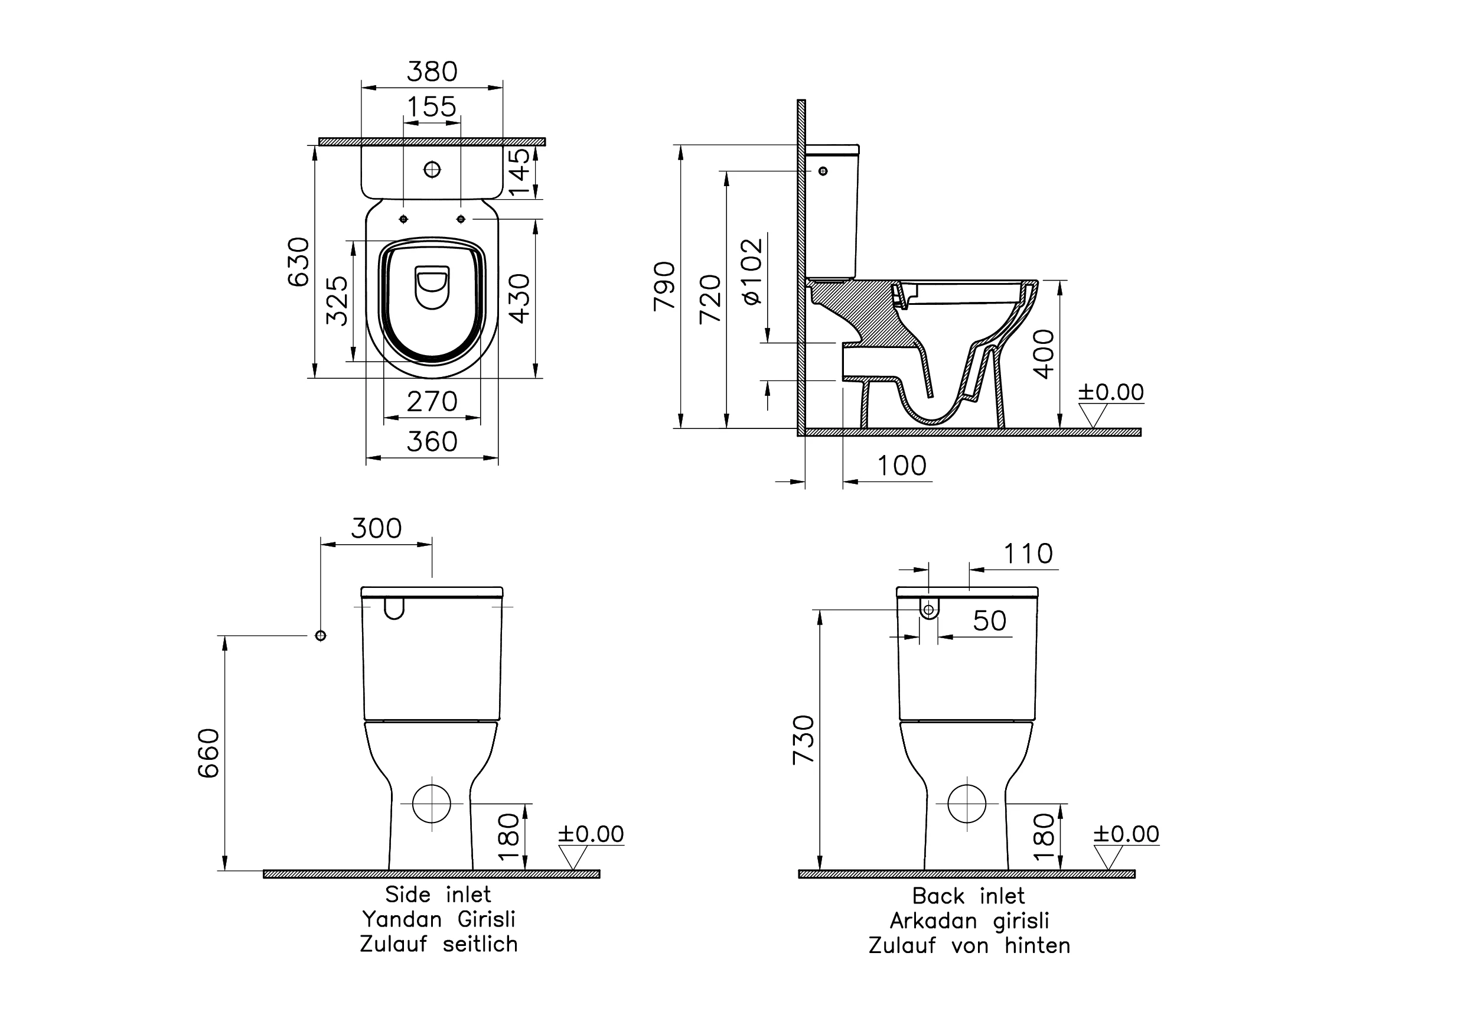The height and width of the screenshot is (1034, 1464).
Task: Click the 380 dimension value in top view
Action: click(432, 71)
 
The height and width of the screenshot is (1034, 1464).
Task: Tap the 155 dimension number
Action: click(432, 106)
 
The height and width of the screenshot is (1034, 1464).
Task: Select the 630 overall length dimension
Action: click(298, 262)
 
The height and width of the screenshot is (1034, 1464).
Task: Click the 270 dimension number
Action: click(432, 402)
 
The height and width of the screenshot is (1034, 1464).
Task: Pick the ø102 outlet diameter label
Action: click(752, 271)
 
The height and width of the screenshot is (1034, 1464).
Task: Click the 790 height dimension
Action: click(664, 286)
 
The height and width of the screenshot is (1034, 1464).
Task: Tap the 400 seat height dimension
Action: click(1044, 354)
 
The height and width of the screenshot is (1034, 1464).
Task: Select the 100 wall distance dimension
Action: click(901, 466)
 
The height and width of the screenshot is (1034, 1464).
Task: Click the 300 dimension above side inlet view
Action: click(376, 528)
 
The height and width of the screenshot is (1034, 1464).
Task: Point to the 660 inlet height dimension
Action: click(208, 753)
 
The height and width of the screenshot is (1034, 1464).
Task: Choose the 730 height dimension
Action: click(803, 740)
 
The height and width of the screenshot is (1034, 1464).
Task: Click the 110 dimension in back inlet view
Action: click(1028, 554)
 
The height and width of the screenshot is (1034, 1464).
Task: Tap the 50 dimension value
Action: click(989, 620)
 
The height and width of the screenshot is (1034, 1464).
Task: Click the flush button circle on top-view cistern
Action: click(432, 169)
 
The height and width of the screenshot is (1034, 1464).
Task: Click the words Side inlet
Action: click(438, 895)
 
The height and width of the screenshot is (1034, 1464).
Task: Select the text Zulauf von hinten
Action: click(969, 945)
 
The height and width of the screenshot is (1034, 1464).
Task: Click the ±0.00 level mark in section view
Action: click(1110, 392)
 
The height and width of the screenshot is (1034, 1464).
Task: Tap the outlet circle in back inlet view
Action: click(967, 804)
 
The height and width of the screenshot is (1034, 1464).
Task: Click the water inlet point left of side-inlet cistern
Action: click(321, 635)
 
